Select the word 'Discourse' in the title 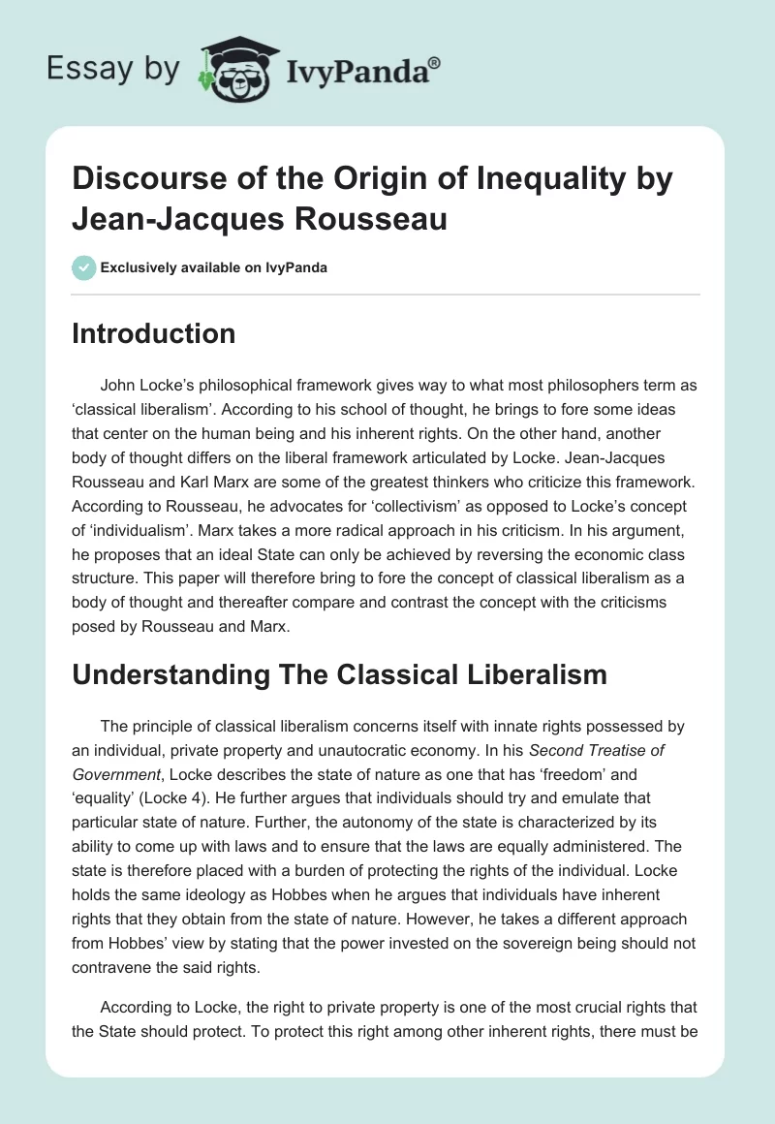pyautogui.click(x=144, y=179)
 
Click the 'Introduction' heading pyautogui.click(x=154, y=333)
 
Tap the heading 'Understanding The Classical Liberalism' pyautogui.click(x=339, y=673)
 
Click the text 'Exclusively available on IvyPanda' pyautogui.click(x=212, y=267)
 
